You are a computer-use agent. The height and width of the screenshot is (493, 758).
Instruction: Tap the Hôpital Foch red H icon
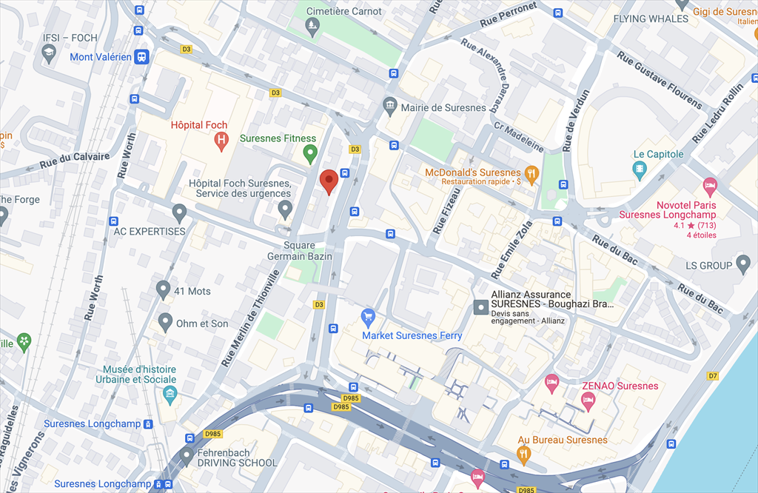tap(221, 140)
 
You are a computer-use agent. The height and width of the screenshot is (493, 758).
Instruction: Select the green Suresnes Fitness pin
tap(311, 153)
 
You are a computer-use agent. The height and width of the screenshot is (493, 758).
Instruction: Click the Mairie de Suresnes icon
tap(390, 107)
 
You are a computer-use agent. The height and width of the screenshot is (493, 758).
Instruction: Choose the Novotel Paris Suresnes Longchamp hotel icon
tap(710, 185)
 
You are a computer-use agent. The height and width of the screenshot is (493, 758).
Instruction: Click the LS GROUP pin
tap(744, 264)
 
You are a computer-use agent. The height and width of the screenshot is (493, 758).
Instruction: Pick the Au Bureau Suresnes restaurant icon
tap(524, 454)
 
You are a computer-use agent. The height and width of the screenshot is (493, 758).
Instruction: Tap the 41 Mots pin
tap(164, 289)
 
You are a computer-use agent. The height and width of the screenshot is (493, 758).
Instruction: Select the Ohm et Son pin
tap(165, 322)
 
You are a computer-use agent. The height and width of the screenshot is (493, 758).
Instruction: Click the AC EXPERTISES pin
tap(178, 214)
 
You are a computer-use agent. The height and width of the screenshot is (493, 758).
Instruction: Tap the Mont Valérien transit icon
tap(141, 57)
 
